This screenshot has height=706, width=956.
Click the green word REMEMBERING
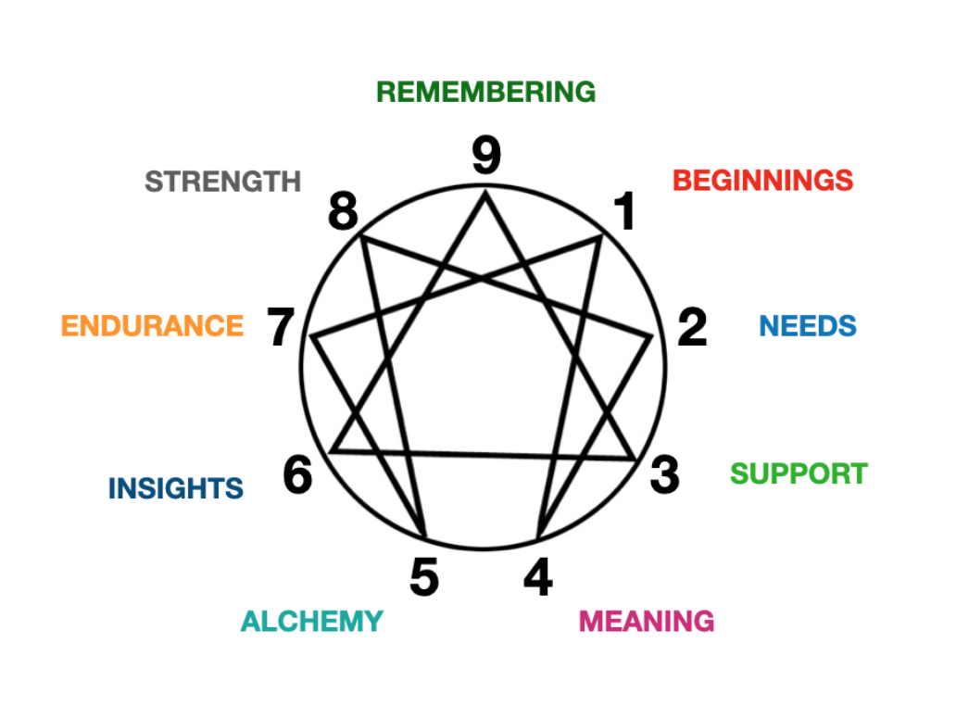[x=485, y=92]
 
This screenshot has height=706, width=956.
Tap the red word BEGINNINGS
[x=762, y=180]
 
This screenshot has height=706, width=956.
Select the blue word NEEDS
[x=808, y=326]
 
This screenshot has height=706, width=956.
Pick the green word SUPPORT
[x=799, y=473]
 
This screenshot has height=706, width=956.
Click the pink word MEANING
[x=647, y=621]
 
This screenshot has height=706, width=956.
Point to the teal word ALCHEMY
[x=311, y=621]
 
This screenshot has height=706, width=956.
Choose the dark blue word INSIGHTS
[x=176, y=488]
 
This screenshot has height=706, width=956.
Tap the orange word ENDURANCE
[x=152, y=326]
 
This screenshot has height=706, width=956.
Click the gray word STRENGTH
[x=223, y=181]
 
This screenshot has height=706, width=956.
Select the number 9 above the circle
[x=486, y=155]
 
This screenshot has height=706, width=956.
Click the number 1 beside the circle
[x=626, y=212]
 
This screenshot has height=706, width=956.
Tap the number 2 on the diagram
[x=692, y=327]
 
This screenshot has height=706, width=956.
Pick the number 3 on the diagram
[x=664, y=475]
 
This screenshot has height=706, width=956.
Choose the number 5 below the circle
[x=424, y=578]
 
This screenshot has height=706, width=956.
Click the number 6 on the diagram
[x=298, y=476]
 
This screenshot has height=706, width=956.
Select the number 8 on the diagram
[x=343, y=214]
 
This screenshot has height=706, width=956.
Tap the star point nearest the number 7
[x=312, y=336]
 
